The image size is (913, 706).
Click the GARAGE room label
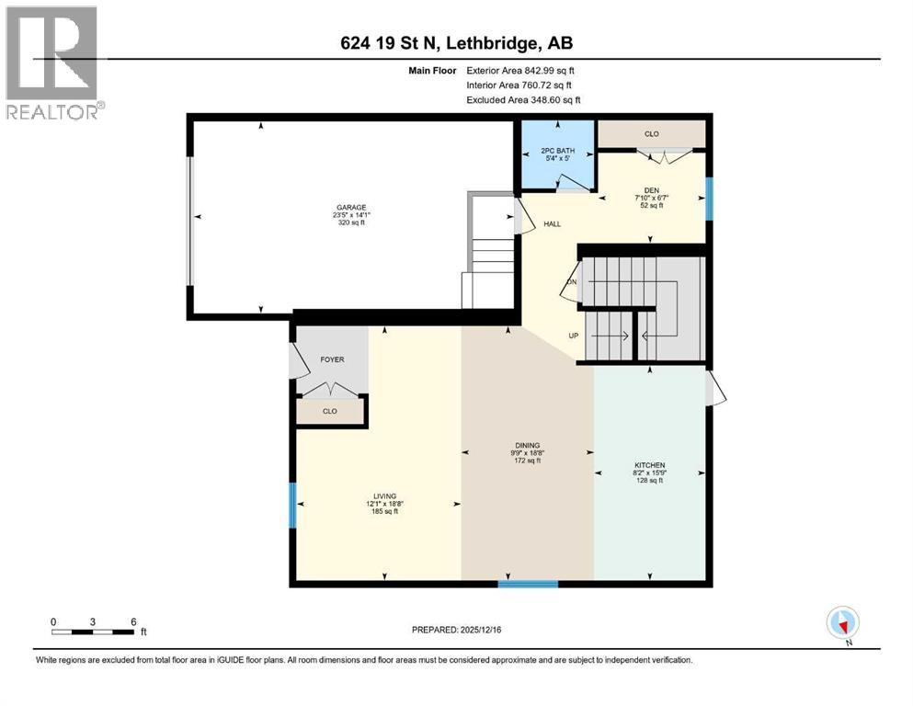tap(349, 207)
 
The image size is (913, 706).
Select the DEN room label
tap(653, 191)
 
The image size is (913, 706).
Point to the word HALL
tap(553, 223)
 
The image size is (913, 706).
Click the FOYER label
tap(331, 359)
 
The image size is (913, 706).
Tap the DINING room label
tap(528, 445)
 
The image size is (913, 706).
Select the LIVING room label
tap(372, 495)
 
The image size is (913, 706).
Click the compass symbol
tap(842, 623)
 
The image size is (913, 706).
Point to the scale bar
tap(94, 632)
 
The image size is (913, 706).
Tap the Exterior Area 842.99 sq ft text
tap(520, 70)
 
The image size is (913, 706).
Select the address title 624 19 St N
tap(456, 43)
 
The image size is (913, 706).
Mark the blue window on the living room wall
tap(293, 506)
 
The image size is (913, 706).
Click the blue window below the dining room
tap(528, 584)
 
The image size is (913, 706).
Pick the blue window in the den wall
tap(708, 199)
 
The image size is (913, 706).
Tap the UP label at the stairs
tap(573, 336)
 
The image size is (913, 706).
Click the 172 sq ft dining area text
tap(528, 461)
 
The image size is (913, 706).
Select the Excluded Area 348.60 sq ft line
tap(523, 99)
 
